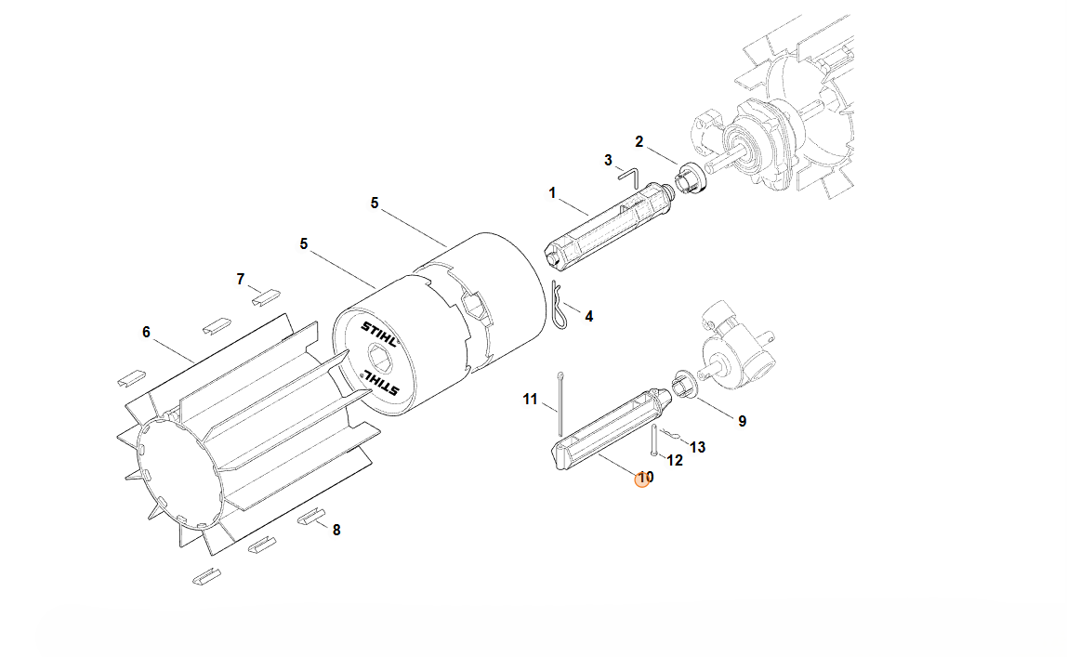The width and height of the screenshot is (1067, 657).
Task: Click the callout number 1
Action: click(x=552, y=193)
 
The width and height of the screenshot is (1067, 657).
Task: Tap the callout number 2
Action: click(x=639, y=141)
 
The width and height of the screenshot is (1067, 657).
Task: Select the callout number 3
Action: click(x=609, y=161)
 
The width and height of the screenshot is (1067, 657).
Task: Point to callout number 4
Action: click(x=588, y=316)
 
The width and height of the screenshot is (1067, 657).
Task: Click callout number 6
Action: click(x=146, y=332)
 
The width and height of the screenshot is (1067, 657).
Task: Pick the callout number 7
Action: click(x=240, y=280)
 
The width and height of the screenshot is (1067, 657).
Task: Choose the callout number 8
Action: click(x=336, y=530)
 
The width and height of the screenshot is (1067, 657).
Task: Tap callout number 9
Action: click(x=742, y=422)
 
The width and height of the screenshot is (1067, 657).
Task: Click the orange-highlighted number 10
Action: click(x=644, y=478)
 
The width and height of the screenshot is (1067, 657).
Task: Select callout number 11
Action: click(x=530, y=400)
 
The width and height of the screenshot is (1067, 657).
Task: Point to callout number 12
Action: click(x=675, y=460)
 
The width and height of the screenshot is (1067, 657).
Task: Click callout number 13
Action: click(x=697, y=448)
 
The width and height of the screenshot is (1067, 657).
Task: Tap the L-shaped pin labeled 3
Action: click(x=630, y=178)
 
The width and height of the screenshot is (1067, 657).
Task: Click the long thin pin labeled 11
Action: click(x=560, y=404)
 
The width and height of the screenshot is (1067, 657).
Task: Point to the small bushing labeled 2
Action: click(x=690, y=179)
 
